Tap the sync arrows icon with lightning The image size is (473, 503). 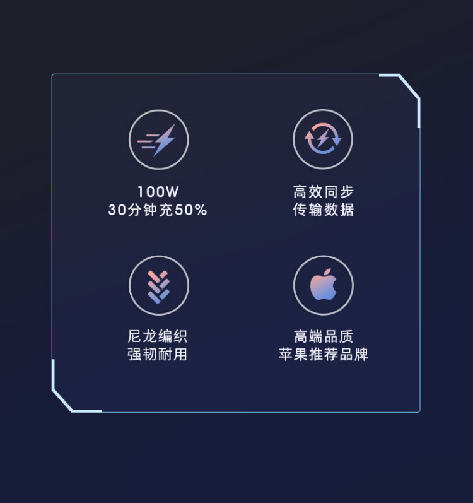tap(323, 139)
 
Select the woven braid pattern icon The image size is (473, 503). tap(158, 287)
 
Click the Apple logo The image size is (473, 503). tap(324, 285)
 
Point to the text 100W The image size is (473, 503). tap(158, 192)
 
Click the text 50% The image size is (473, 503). tap(191, 210)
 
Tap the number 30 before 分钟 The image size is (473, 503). tap(117, 210)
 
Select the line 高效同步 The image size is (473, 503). tap(324, 192)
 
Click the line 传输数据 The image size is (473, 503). tap(324, 210)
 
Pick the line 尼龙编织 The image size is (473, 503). tap(157, 336)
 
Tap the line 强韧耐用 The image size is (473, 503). tap(157, 355)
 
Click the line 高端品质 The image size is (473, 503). tap(324, 336)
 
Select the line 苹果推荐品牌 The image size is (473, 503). tap(324, 355)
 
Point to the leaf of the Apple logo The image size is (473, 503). tap(327, 273)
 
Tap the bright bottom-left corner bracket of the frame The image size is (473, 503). tap(62, 400)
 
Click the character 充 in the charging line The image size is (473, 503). tap(166, 210)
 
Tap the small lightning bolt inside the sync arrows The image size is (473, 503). tap(323, 138)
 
